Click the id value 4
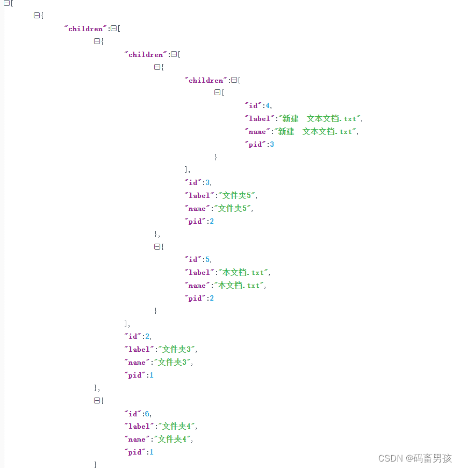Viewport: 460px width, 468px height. (268, 106)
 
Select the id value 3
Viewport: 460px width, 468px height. (208, 183)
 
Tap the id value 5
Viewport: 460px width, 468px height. (208, 260)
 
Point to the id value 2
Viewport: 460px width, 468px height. (148, 337)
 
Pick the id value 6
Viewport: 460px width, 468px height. (148, 414)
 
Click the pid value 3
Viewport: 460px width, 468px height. (272, 145)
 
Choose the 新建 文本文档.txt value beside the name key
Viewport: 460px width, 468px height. (315, 132)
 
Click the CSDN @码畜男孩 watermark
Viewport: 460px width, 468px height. (415, 458)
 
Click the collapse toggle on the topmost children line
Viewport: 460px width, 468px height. (114, 29)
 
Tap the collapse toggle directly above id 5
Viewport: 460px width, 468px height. (157, 246)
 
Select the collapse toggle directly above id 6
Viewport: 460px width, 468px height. (97, 401)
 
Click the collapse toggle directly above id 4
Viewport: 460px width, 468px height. (218, 93)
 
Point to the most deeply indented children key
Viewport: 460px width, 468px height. (206, 80)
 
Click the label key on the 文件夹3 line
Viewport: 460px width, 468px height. (139, 350)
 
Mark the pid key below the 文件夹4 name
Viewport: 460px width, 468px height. (135, 452)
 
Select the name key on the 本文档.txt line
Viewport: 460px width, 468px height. (197, 286)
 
